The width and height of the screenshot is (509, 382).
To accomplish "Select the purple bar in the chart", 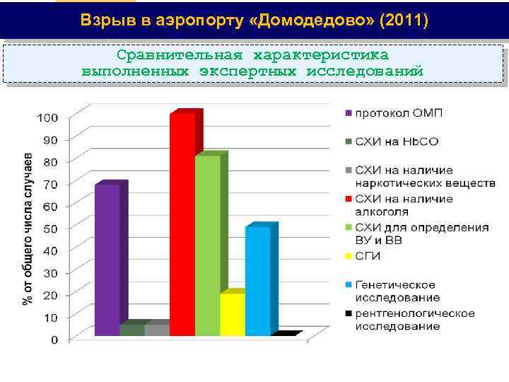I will click(x=107, y=259).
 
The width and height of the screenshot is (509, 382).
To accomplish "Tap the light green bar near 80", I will click(x=208, y=245).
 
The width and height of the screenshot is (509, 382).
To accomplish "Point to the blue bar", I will click(x=257, y=280).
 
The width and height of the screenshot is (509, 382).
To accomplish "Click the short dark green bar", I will click(x=131, y=329).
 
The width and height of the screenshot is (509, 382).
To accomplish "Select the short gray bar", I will click(x=157, y=329).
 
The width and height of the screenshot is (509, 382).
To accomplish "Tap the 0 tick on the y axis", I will click(x=54, y=340).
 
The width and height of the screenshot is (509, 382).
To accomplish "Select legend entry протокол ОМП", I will click(x=399, y=113).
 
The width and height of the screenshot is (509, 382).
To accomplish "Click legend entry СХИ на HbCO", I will click(x=396, y=141).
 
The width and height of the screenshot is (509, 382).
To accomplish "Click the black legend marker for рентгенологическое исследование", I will click(x=349, y=313).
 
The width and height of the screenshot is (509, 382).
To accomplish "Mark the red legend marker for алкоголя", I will click(x=349, y=199).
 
